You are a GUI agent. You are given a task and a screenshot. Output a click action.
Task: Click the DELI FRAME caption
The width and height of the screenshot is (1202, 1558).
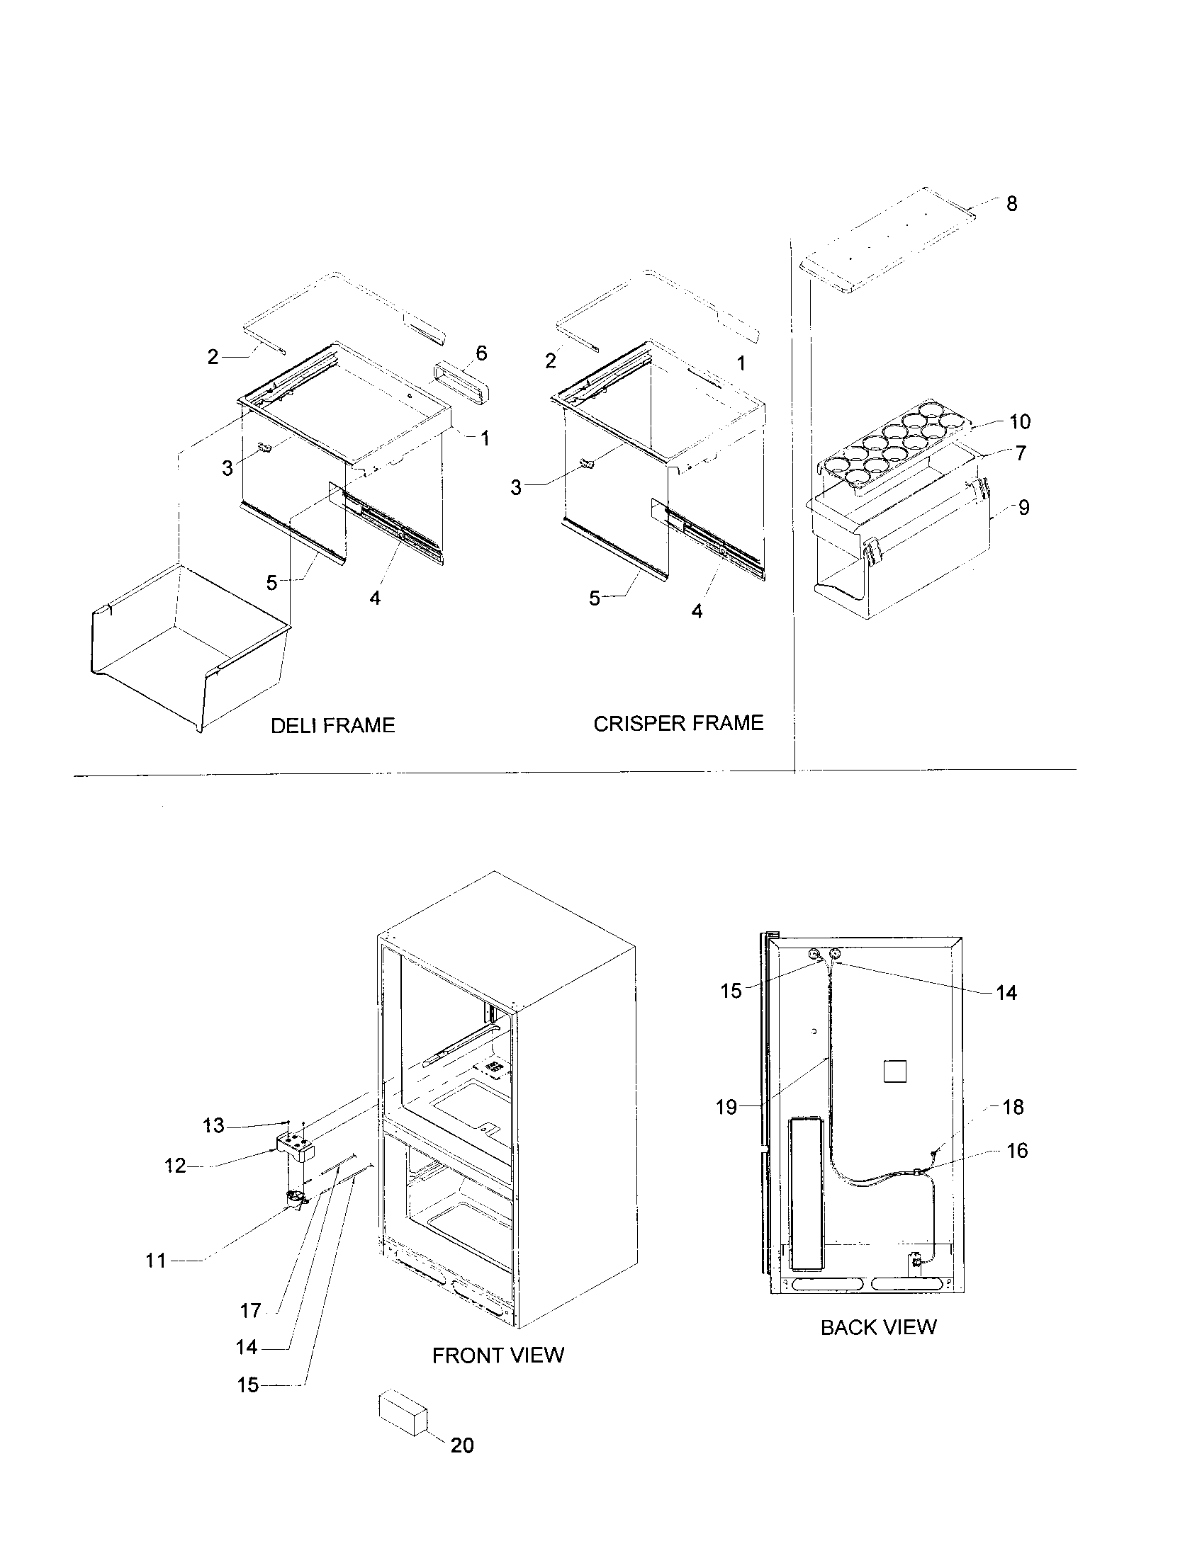332,725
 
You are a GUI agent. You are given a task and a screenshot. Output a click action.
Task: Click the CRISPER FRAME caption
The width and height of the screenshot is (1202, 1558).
678,723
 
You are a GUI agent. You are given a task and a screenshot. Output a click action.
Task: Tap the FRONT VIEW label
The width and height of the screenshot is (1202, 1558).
498,1355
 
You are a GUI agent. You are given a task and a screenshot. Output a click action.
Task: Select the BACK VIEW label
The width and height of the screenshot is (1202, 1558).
878,1328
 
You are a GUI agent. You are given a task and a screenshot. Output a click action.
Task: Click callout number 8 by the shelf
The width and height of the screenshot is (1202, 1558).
1011,204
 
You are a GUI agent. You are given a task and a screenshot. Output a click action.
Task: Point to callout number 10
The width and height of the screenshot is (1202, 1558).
1020,421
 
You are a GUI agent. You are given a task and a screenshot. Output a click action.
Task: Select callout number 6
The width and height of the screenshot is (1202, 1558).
481,353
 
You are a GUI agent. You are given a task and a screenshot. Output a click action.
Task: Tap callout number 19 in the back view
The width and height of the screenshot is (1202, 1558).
726,1107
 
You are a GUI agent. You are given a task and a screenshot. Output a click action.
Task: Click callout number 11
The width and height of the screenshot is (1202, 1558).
156,1261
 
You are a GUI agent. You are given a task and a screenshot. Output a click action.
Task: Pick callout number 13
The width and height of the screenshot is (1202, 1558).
213,1126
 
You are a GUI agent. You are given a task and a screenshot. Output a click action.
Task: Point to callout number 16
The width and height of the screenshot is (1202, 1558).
1017,1150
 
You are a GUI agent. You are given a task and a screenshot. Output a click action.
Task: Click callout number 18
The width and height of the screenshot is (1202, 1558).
1013,1107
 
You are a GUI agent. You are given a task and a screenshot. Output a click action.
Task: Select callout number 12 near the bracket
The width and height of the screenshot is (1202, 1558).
176,1166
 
